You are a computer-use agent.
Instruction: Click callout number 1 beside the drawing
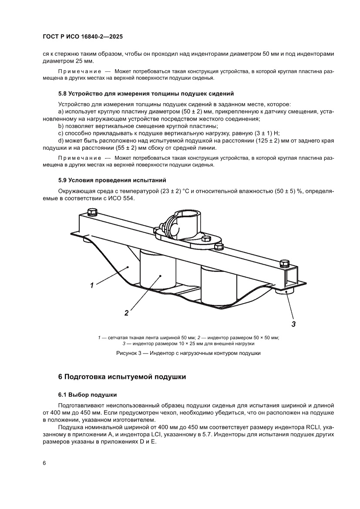pos(92,286)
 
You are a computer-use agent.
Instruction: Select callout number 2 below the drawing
pos(127,312)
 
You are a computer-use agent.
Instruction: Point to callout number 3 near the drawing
pos(293,324)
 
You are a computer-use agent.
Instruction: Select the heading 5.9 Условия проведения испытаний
pos(112,179)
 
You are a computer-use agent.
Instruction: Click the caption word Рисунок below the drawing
pos(128,353)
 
